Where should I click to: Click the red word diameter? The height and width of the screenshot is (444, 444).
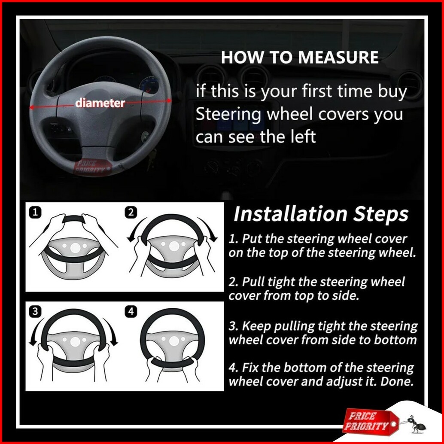tap(100, 103)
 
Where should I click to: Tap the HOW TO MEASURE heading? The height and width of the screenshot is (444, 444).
tap(300, 57)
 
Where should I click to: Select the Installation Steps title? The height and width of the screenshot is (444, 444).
tap(320, 214)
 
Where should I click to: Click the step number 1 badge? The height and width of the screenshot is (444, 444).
tap(35, 213)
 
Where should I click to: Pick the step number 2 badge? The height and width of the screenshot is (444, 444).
tap(131, 213)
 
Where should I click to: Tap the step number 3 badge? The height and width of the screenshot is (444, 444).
tap(35, 311)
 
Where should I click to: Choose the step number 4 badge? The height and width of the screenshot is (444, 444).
tap(131, 311)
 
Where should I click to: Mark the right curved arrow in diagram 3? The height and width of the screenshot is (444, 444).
tap(110, 331)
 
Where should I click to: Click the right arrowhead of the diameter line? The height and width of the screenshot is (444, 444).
tap(169, 100)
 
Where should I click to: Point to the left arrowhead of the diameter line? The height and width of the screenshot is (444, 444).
tap(32, 107)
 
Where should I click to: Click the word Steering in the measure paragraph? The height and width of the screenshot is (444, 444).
tap(228, 114)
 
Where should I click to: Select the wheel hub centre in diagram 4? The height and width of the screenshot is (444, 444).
tap(174, 341)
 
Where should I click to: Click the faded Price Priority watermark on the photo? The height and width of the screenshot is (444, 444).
tap(91, 167)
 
